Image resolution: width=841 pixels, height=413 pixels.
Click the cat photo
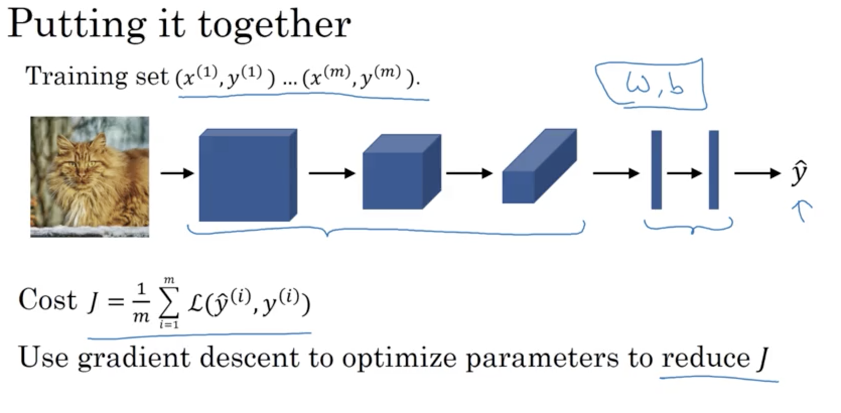point(90,176)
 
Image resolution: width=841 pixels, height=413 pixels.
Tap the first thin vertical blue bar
point(656,170)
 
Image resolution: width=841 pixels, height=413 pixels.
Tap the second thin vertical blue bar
point(714,170)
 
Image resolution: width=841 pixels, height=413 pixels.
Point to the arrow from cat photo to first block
point(177,173)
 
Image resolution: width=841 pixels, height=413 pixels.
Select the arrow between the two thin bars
point(684,173)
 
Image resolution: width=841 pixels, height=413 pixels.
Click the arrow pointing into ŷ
point(756,173)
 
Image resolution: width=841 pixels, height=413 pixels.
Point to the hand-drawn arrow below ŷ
point(802,210)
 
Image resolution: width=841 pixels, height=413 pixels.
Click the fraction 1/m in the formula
point(141,303)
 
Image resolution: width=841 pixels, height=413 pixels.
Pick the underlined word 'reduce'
point(706,358)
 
